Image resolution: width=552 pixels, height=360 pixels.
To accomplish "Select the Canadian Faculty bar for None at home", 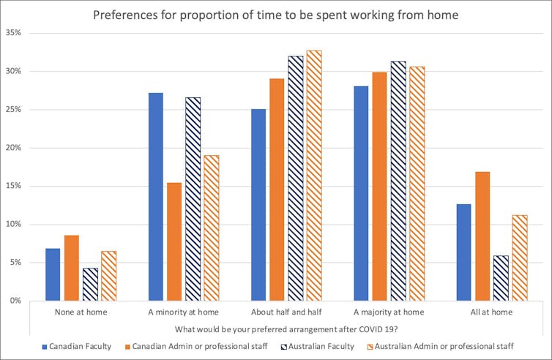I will pos(53,274).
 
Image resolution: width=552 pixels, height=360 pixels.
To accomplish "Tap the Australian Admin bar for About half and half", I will pos(314,176).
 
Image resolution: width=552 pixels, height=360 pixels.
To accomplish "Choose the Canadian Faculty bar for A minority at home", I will pos(155,197).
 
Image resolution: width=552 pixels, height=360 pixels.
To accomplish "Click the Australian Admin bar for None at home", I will pos(108,276).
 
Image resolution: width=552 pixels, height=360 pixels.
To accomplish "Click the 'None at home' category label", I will pos(81,312).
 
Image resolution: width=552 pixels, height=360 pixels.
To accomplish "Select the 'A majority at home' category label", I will pos(389,312).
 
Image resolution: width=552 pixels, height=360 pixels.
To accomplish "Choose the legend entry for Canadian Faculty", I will pos(77,345).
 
